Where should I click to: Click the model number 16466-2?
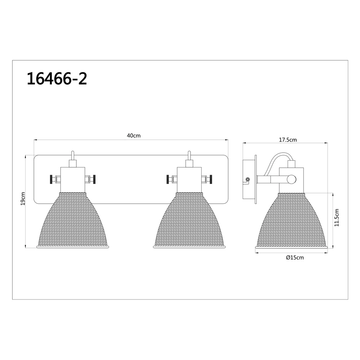tap(57, 79)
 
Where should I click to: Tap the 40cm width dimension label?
tap(134, 136)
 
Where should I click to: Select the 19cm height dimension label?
tap(22, 199)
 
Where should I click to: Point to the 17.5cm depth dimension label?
tap(288, 140)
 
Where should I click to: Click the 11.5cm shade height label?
tap(337, 218)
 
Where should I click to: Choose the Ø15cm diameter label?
tap(295, 258)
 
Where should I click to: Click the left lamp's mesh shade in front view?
tap(73, 220)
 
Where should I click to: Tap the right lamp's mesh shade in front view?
tap(190, 220)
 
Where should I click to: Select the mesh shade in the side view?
tap(292, 220)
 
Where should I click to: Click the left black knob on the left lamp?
tap(51, 179)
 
